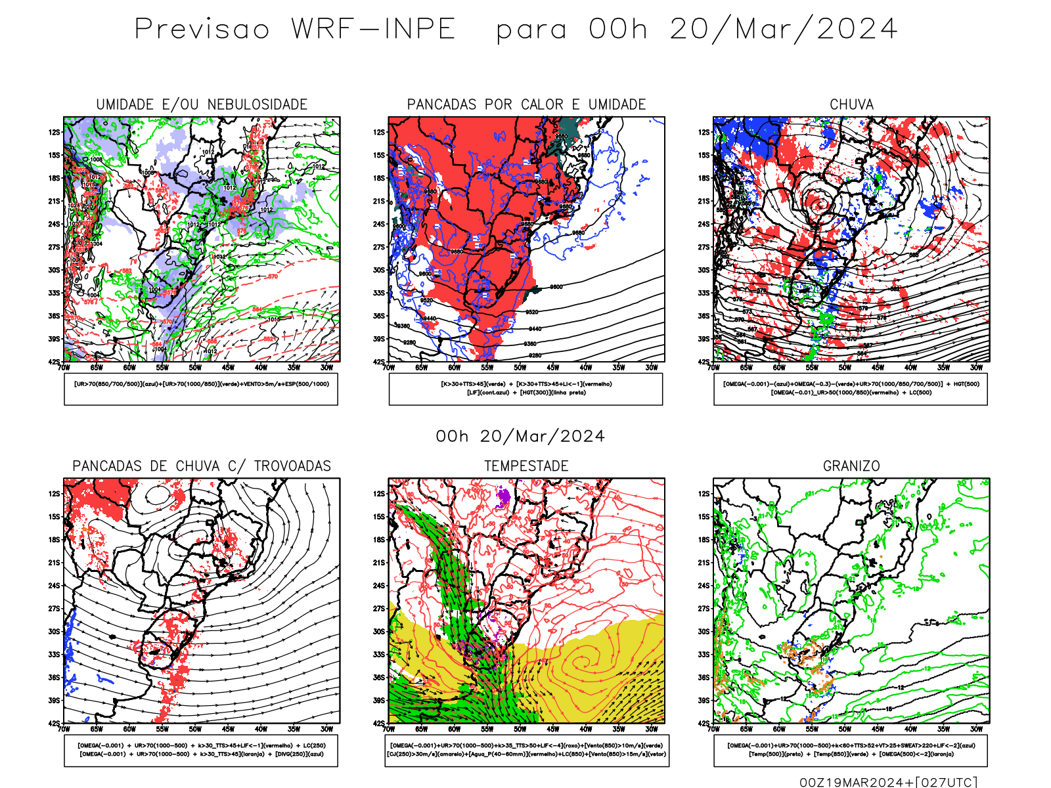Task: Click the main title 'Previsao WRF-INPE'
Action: (295, 30)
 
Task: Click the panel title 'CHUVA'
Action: (851, 105)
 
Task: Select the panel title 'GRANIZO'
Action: (851, 466)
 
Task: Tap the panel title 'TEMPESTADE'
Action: (526, 466)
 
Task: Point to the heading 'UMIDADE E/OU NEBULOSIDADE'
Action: (202, 105)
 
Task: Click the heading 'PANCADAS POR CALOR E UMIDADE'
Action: (526, 105)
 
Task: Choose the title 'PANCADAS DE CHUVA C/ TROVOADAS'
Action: (202, 466)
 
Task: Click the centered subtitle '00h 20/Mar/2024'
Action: (520, 437)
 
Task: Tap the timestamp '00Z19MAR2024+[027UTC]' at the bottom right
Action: (888, 781)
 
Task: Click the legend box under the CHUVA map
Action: (851, 389)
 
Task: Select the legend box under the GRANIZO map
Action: (851, 750)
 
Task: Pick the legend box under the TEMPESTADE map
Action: (526, 750)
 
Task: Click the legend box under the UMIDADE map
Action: (201, 389)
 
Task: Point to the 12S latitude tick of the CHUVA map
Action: (704, 132)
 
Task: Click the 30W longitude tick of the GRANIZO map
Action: (976, 729)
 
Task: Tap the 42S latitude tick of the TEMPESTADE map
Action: (379, 723)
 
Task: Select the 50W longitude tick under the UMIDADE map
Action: (195, 368)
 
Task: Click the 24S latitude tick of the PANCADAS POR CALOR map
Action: (379, 224)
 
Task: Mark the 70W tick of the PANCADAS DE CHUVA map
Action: (64, 729)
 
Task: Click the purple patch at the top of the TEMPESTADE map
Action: (504, 497)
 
